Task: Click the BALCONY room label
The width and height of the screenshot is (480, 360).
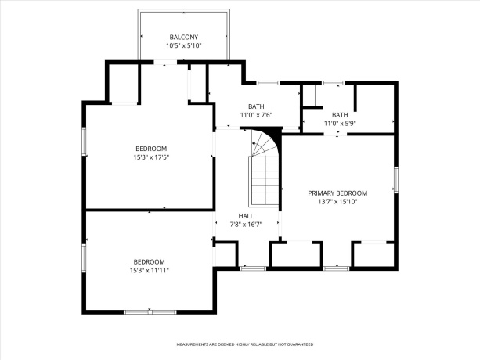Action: pyautogui.click(x=183, y=37)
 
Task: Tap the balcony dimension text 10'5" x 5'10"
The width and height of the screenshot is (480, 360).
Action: pyautogui.click(x=183, y=45)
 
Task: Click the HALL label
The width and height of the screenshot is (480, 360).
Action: pyautogui.click(x=246, y=216)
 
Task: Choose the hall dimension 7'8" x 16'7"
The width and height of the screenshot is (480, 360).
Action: pyautogui.click(x=246, y=225)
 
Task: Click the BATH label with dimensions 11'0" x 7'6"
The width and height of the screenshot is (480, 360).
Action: pyautogui.click(x=256, y=106)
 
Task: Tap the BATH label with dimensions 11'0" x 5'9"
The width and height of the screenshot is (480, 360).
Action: pyautogui.click(x=339, y=114)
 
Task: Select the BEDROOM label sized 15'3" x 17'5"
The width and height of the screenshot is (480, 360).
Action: pyautogui.click(x=150, y=149)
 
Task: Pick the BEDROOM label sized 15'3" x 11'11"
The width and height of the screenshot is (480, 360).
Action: pyautogui.click(x=149, y=261)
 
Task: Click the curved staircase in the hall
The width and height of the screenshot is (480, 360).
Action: pyautogui.click(x=263, y=160)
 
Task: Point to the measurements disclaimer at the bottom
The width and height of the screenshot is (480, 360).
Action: pyautogui.click(x=244, y=344)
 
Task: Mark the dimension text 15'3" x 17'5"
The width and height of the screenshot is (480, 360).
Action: pyautogui.click(x=150, y=157)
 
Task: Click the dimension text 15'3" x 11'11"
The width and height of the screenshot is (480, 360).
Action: pyautogui.click(x=149, y=270)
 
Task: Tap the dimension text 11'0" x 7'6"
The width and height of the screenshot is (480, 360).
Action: pyautogui.click(x=256, y=115)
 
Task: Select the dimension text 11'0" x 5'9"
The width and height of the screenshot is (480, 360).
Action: pyautogui.click(x=339, y=123)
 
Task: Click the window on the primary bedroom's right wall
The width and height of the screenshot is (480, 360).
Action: pyautogui.click(x=396, y=178)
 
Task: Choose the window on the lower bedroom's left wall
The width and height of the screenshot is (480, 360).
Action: pyautogui.click(x=83, y=256)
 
